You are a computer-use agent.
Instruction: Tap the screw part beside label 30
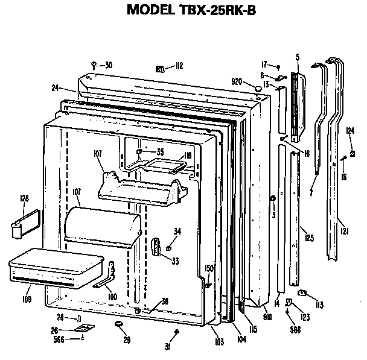coord(94,64)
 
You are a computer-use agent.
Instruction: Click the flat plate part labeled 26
coord(84,329)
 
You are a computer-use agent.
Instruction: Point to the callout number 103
coord(219,342)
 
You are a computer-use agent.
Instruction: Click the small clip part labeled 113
coord(303,293)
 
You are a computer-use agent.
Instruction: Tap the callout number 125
coord(309,239)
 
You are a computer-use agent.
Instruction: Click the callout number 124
coord(350,130)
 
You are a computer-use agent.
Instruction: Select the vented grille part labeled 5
coord(296,103)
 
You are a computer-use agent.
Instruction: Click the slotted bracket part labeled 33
coord(157,247)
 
